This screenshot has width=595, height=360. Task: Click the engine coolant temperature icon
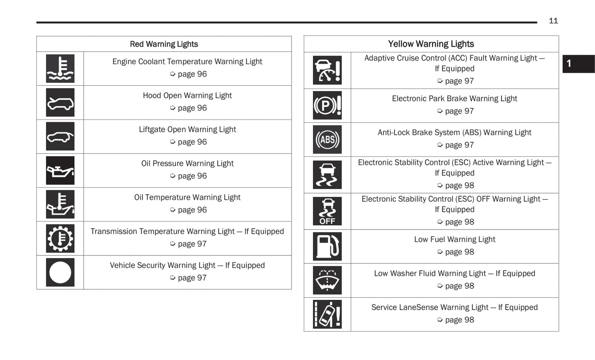(60, 69)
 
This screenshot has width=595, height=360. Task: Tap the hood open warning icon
(60, 103)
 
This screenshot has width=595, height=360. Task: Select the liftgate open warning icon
(60, 136)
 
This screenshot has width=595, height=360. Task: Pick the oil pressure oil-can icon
(60, 171)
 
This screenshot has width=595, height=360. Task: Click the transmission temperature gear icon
(60, 238)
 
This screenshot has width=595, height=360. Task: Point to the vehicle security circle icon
(60, 272)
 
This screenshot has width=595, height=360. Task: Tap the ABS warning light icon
(327, 140)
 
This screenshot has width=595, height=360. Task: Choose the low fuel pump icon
(327, 246)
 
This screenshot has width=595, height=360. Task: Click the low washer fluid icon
(327, 281)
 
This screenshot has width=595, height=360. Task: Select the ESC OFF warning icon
(327, 211)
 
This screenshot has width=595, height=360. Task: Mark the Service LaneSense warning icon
(327, 314)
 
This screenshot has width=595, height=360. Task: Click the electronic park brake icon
(327, 105)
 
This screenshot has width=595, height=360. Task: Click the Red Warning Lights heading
(164, 44)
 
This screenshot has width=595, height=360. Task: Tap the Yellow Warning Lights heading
(431, 44)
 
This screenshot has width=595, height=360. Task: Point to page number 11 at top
(553, 21)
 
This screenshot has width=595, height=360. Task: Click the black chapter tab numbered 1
(578, 64)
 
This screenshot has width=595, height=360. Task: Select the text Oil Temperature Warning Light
(187, 197)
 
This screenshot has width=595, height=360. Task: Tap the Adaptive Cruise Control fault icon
(327, 70)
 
